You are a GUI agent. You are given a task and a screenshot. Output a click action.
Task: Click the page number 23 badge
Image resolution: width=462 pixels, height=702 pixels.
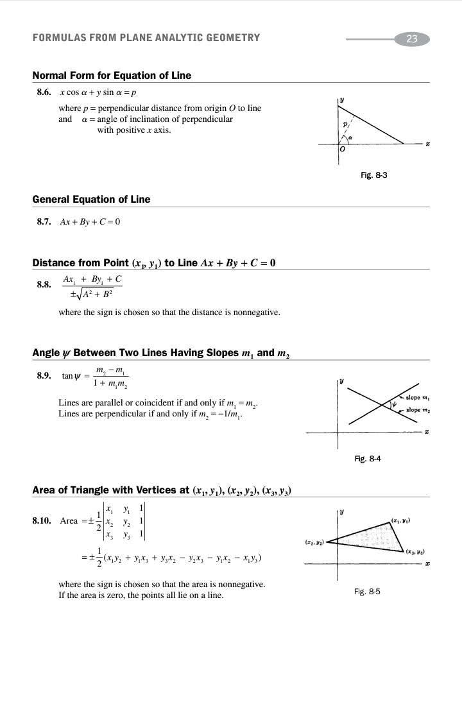[412, 39]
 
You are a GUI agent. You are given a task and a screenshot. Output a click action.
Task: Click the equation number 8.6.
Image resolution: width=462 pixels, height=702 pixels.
[44, 92]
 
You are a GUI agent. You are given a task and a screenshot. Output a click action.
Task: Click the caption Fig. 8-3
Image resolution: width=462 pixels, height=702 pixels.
[374, 175]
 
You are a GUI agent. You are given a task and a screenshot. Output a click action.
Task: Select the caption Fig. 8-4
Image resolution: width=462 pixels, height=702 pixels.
[368, 458]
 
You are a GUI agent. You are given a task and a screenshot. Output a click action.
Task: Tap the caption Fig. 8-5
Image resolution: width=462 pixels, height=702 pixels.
[367, 591]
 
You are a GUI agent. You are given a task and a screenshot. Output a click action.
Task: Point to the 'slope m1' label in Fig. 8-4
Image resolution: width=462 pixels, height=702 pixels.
[417, 398]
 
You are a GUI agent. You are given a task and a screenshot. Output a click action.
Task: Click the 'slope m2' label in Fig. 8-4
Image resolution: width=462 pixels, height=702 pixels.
[417, 410]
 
